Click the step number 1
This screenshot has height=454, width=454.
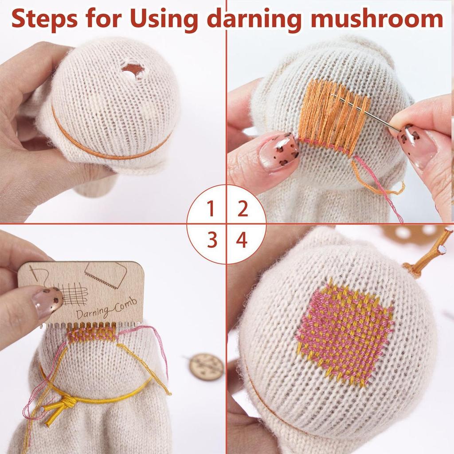point(211,209)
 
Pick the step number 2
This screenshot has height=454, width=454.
point(242,209)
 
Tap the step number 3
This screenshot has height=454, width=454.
point(212,240)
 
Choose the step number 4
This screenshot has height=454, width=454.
point(242,240)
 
